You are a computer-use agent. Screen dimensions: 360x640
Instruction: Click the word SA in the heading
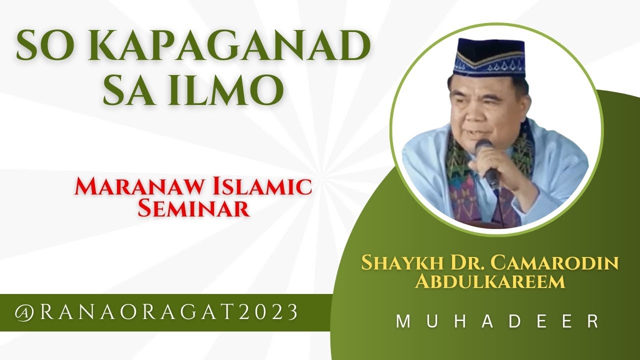click(130, 91)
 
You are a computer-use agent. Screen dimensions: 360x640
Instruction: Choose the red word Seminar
click(193, 208)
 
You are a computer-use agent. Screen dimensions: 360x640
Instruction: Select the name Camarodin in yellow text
click(555, 262)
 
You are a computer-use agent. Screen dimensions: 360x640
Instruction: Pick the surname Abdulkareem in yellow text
click(490, 281)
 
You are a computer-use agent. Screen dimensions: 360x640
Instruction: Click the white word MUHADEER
click(498, 321)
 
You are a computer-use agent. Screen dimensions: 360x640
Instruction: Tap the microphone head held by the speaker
click(483, 147)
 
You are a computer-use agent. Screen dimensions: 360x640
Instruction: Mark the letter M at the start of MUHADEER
click(402, 321)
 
